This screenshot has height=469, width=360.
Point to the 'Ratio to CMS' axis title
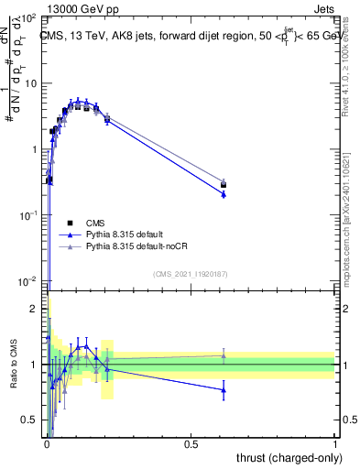(x=13, y=365)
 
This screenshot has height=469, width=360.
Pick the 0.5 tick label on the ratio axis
(x=30, y=420)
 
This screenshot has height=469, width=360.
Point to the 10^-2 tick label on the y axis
(x=29, y=280)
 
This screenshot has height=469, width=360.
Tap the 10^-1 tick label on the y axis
(x=29, y=214)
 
